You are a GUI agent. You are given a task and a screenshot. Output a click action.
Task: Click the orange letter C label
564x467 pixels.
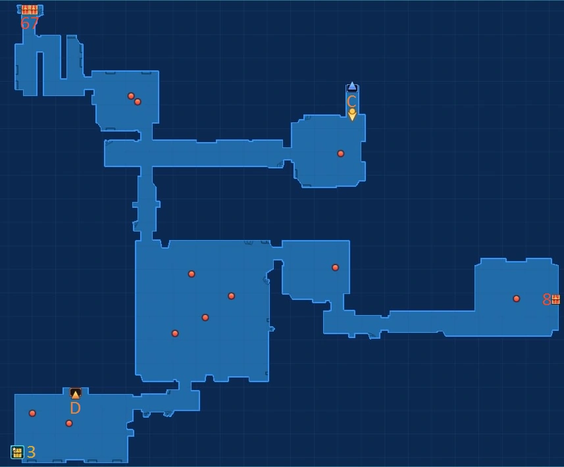click(x=351, y=101)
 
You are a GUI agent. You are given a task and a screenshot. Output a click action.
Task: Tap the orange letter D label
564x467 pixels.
click(x=75, y=408)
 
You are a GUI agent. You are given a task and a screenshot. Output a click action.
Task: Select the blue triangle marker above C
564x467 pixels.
click(x=352, y=86)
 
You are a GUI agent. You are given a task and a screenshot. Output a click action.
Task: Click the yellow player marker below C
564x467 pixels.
click(x=352, y=114)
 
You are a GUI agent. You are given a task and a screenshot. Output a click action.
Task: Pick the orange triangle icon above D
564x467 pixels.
click(x=75, y=394)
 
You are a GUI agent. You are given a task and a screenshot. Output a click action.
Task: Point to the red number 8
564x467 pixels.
click(x=546, y=300)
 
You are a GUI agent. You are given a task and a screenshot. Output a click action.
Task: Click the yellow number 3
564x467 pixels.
click(x=31, y=452)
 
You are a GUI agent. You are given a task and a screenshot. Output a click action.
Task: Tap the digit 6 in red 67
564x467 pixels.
click(x=25, y=24)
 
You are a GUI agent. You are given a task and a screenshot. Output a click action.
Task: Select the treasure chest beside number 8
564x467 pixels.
click(x=556, y=299)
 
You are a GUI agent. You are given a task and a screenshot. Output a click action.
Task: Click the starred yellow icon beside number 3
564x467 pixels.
click(x=17, y=452)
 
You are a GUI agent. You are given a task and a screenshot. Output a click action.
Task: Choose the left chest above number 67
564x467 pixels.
click(x=26, y=9)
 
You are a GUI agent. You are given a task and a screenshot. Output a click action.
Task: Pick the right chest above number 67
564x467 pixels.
click(x=34, y=9)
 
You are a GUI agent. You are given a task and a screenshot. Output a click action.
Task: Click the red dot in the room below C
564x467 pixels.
click(x=340, y=154)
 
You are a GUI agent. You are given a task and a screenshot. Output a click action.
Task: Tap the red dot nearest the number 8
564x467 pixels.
click(x=516, y=299)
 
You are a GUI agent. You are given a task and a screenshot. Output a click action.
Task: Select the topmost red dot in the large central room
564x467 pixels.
click(x=192, y=274)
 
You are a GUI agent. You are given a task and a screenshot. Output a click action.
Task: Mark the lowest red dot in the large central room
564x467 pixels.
click(x=175, y=333)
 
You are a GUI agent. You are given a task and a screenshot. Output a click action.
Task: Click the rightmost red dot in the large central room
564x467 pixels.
click(x=231, y=296)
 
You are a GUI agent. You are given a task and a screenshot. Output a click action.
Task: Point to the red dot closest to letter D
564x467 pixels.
click(x=69, y=424)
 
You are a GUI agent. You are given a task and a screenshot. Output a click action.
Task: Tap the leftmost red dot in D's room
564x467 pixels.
click(x=32, y=414)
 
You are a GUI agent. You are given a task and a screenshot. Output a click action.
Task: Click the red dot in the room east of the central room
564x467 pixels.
click(x=335, y=268)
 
